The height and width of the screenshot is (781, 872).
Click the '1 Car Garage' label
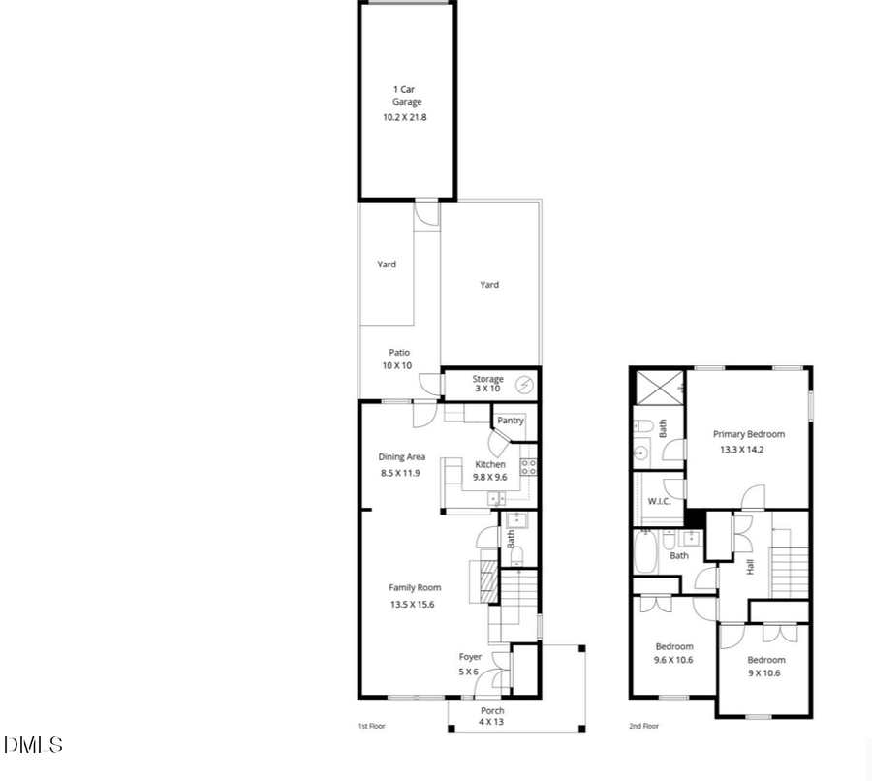407,95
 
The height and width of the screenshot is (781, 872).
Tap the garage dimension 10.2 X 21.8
407,117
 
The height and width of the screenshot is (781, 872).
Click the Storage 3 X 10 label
487,384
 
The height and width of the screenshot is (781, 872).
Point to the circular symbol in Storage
524,385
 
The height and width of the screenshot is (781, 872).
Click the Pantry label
511,421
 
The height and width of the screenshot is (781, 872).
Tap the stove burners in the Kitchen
530,467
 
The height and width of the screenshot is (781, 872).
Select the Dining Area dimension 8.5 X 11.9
400,473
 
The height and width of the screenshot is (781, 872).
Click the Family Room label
415,587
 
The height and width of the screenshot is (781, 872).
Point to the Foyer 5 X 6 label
470,664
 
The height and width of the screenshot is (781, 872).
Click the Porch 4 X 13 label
492,716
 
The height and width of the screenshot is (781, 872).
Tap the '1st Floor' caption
372,725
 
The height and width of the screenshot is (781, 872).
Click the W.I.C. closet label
659,501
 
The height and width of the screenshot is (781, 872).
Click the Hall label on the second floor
751,566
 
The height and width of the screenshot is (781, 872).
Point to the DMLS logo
33,745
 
